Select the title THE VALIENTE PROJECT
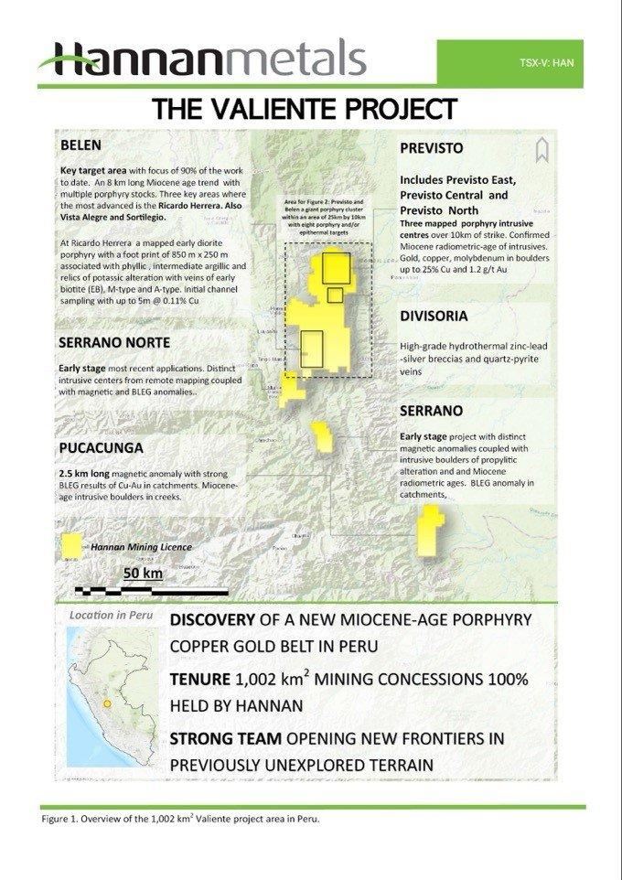click(x=305, y=109)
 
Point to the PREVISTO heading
click(x=432, y=148)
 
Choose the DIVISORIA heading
click(x=434, y=317)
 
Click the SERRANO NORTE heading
click(x=114, y=343)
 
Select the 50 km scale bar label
click(x=142, y=574)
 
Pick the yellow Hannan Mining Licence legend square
click(x=68, y=546)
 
